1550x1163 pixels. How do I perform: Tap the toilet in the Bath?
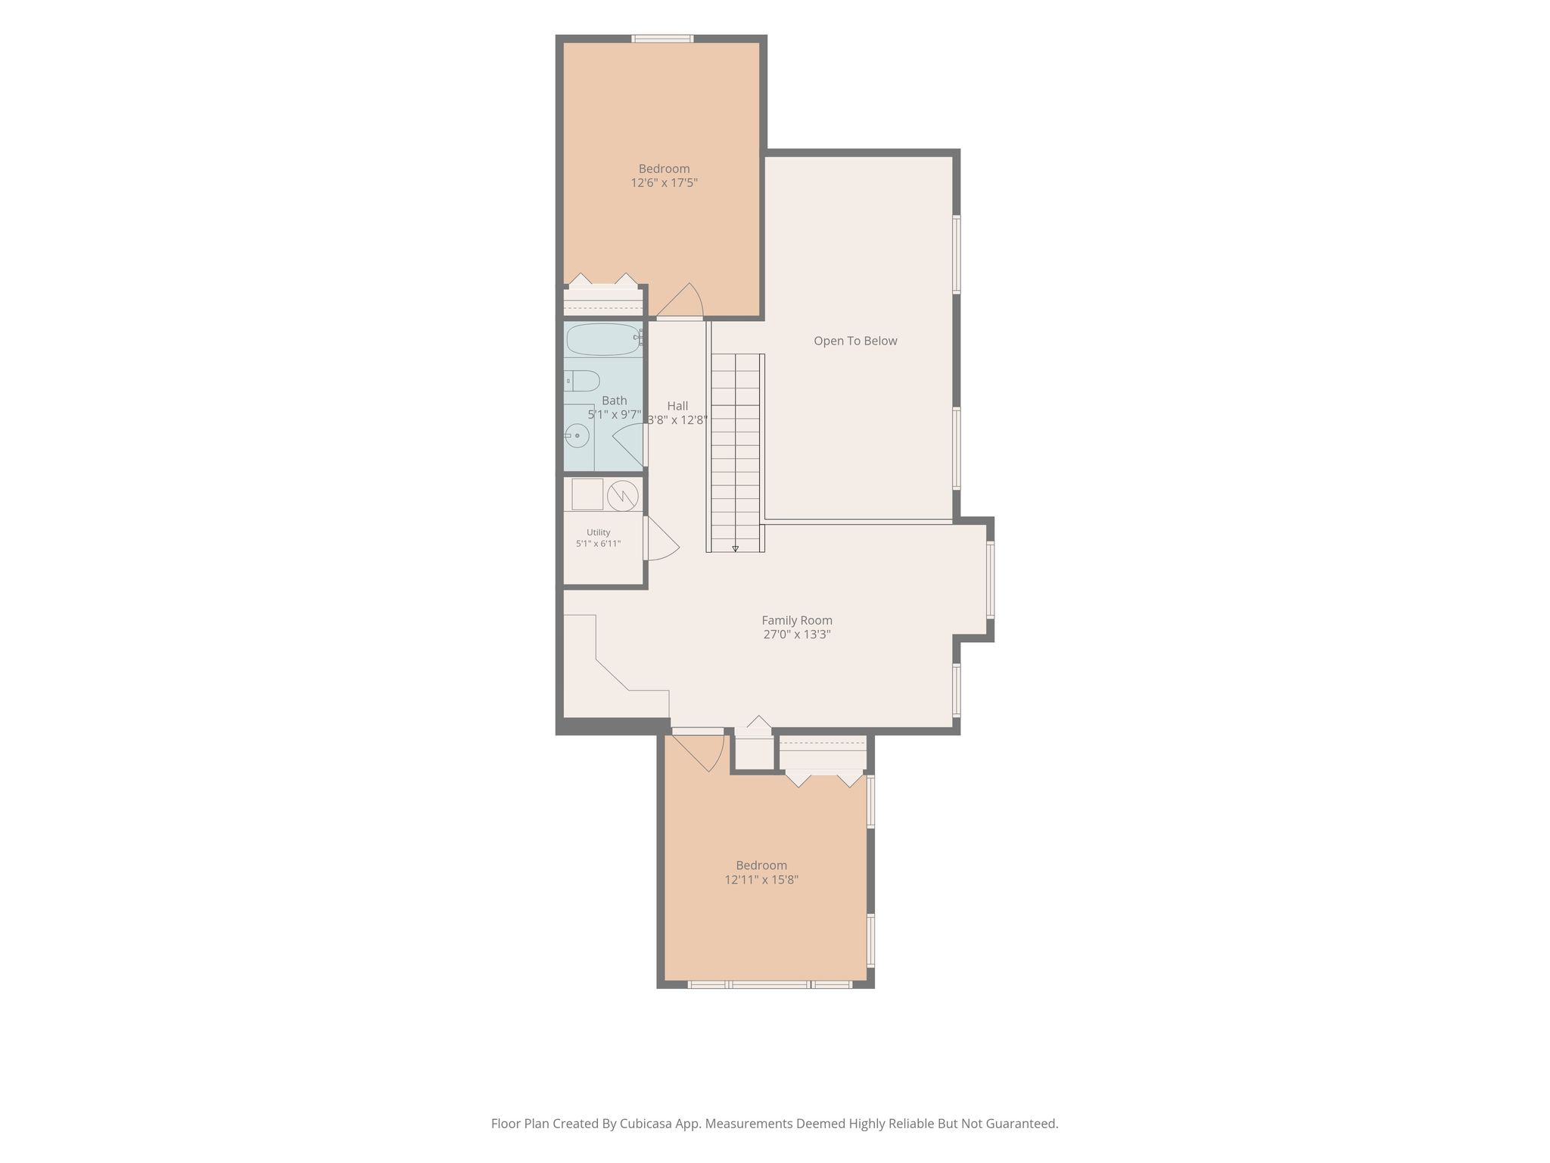pos(582,380)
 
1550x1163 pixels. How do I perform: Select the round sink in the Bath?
pos(577,435)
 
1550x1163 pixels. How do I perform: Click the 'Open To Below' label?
pos(855,341)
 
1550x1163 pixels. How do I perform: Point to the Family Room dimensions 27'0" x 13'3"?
pos(797,635)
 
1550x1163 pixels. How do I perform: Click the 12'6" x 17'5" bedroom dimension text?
pos(665,182)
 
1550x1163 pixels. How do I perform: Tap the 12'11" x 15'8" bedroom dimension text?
pos(761,880)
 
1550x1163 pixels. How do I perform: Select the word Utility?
pos(598,532)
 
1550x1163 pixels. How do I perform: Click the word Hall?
pos(677,406)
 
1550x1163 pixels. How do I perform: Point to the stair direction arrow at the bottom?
pos(735,548)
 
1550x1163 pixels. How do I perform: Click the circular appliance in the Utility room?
pos(622,495)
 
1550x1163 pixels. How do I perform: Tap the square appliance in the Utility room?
pos(587,494)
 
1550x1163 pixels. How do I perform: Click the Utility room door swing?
pos(661,538)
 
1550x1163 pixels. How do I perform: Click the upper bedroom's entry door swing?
pos(680,300)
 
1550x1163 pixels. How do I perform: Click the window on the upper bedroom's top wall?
pos(662,39)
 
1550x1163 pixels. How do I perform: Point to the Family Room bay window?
pos(990,580)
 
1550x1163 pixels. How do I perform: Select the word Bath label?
pos(615,401)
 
